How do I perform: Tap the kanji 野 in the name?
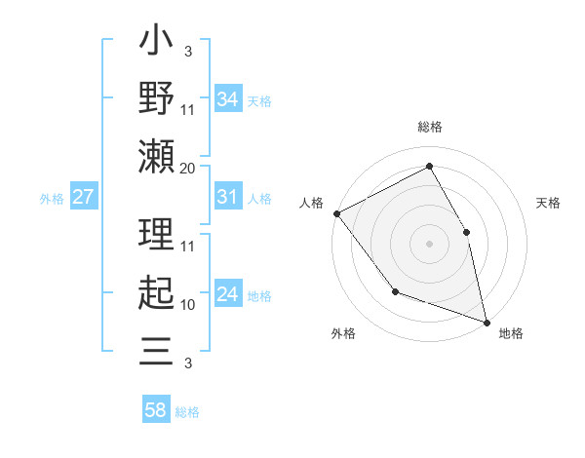pos(156,98)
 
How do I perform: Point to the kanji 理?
pos(156,234)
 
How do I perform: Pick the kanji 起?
pos(156,292)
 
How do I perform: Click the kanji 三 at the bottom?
pos(156,349)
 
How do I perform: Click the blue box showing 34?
pos(227,98)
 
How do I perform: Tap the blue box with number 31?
pos(227,197)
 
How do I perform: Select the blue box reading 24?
pos(227,294)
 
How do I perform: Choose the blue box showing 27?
pos(83,197)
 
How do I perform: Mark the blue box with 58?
pos(155,410)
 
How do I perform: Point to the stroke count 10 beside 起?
pos(188,305)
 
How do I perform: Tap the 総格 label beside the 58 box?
pos(187,412)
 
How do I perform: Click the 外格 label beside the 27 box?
pos(52,199)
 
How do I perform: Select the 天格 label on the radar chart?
pos(548,204)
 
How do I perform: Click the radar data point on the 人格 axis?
pos(336,213)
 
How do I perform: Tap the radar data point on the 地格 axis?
pos(487,321)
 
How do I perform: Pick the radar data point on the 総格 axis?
pos(429,167)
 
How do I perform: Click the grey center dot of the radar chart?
pos(429,243)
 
